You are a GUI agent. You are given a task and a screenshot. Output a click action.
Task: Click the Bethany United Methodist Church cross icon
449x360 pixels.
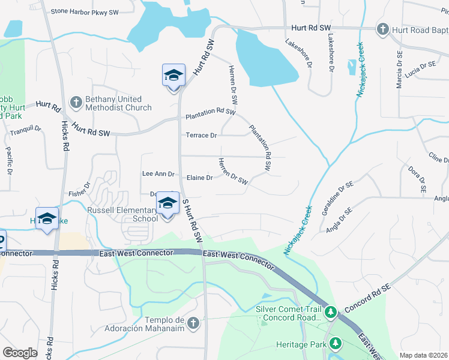76,103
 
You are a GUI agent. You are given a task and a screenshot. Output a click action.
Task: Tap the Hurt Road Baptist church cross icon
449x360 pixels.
382,28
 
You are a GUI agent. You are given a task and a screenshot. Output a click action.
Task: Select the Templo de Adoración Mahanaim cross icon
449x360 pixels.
193,323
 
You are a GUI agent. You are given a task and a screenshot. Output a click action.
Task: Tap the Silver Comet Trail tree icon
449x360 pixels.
330,313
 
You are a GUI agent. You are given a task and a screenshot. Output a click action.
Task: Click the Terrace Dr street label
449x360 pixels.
201,136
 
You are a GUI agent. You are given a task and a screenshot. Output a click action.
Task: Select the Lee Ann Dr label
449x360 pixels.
158,174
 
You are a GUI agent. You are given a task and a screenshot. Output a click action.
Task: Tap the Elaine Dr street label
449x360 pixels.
200,178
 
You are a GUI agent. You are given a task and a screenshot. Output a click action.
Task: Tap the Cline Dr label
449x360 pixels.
438,157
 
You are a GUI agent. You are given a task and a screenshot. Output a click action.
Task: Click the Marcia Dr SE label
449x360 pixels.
399,70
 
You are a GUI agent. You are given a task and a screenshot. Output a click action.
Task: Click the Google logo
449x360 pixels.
20,353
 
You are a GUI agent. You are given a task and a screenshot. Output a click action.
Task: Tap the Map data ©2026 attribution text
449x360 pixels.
423,355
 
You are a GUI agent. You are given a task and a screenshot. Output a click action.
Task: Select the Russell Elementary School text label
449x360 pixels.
122,214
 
